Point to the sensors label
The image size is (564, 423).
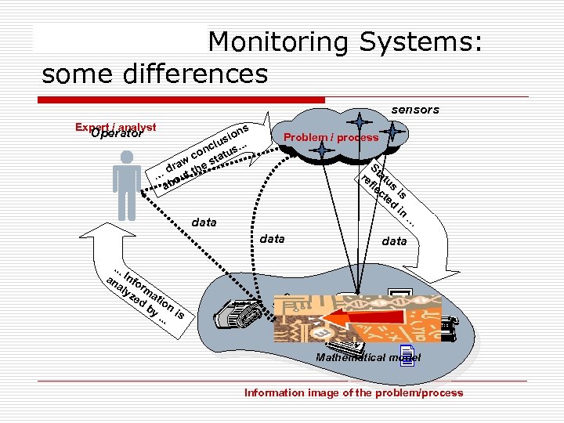pyautogui.click(x=415, y=110)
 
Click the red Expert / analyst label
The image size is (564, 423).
pyautogui.click(x=116, y=127)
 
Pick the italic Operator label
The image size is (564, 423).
pyautogui.click(x=117, y=134)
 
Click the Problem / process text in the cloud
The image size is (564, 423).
pyautogui.click(x=331, y=138)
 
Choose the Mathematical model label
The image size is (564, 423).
pyautogui.click(x=367, y=357)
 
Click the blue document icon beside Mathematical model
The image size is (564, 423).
pyautogui.click(x=406, y=354)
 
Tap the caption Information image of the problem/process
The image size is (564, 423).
pyautogui.click(x=353, y=392)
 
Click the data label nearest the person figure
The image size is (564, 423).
pyautogui.click(x=204, y=222)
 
